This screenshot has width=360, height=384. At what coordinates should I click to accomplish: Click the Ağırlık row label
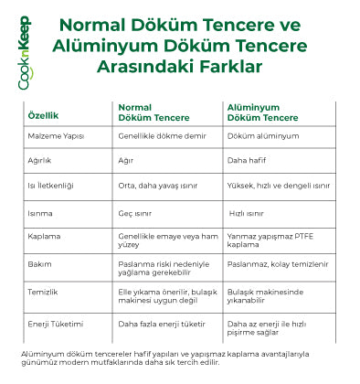(x=42, y=159)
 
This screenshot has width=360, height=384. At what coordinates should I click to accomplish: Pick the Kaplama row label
(x=44, y=237)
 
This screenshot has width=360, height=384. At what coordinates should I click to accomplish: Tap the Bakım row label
(x=40, y=263)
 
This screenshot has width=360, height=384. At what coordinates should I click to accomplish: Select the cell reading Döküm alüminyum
(x=261, y=135)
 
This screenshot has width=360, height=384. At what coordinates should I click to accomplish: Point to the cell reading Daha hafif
(x=248, y=159)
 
